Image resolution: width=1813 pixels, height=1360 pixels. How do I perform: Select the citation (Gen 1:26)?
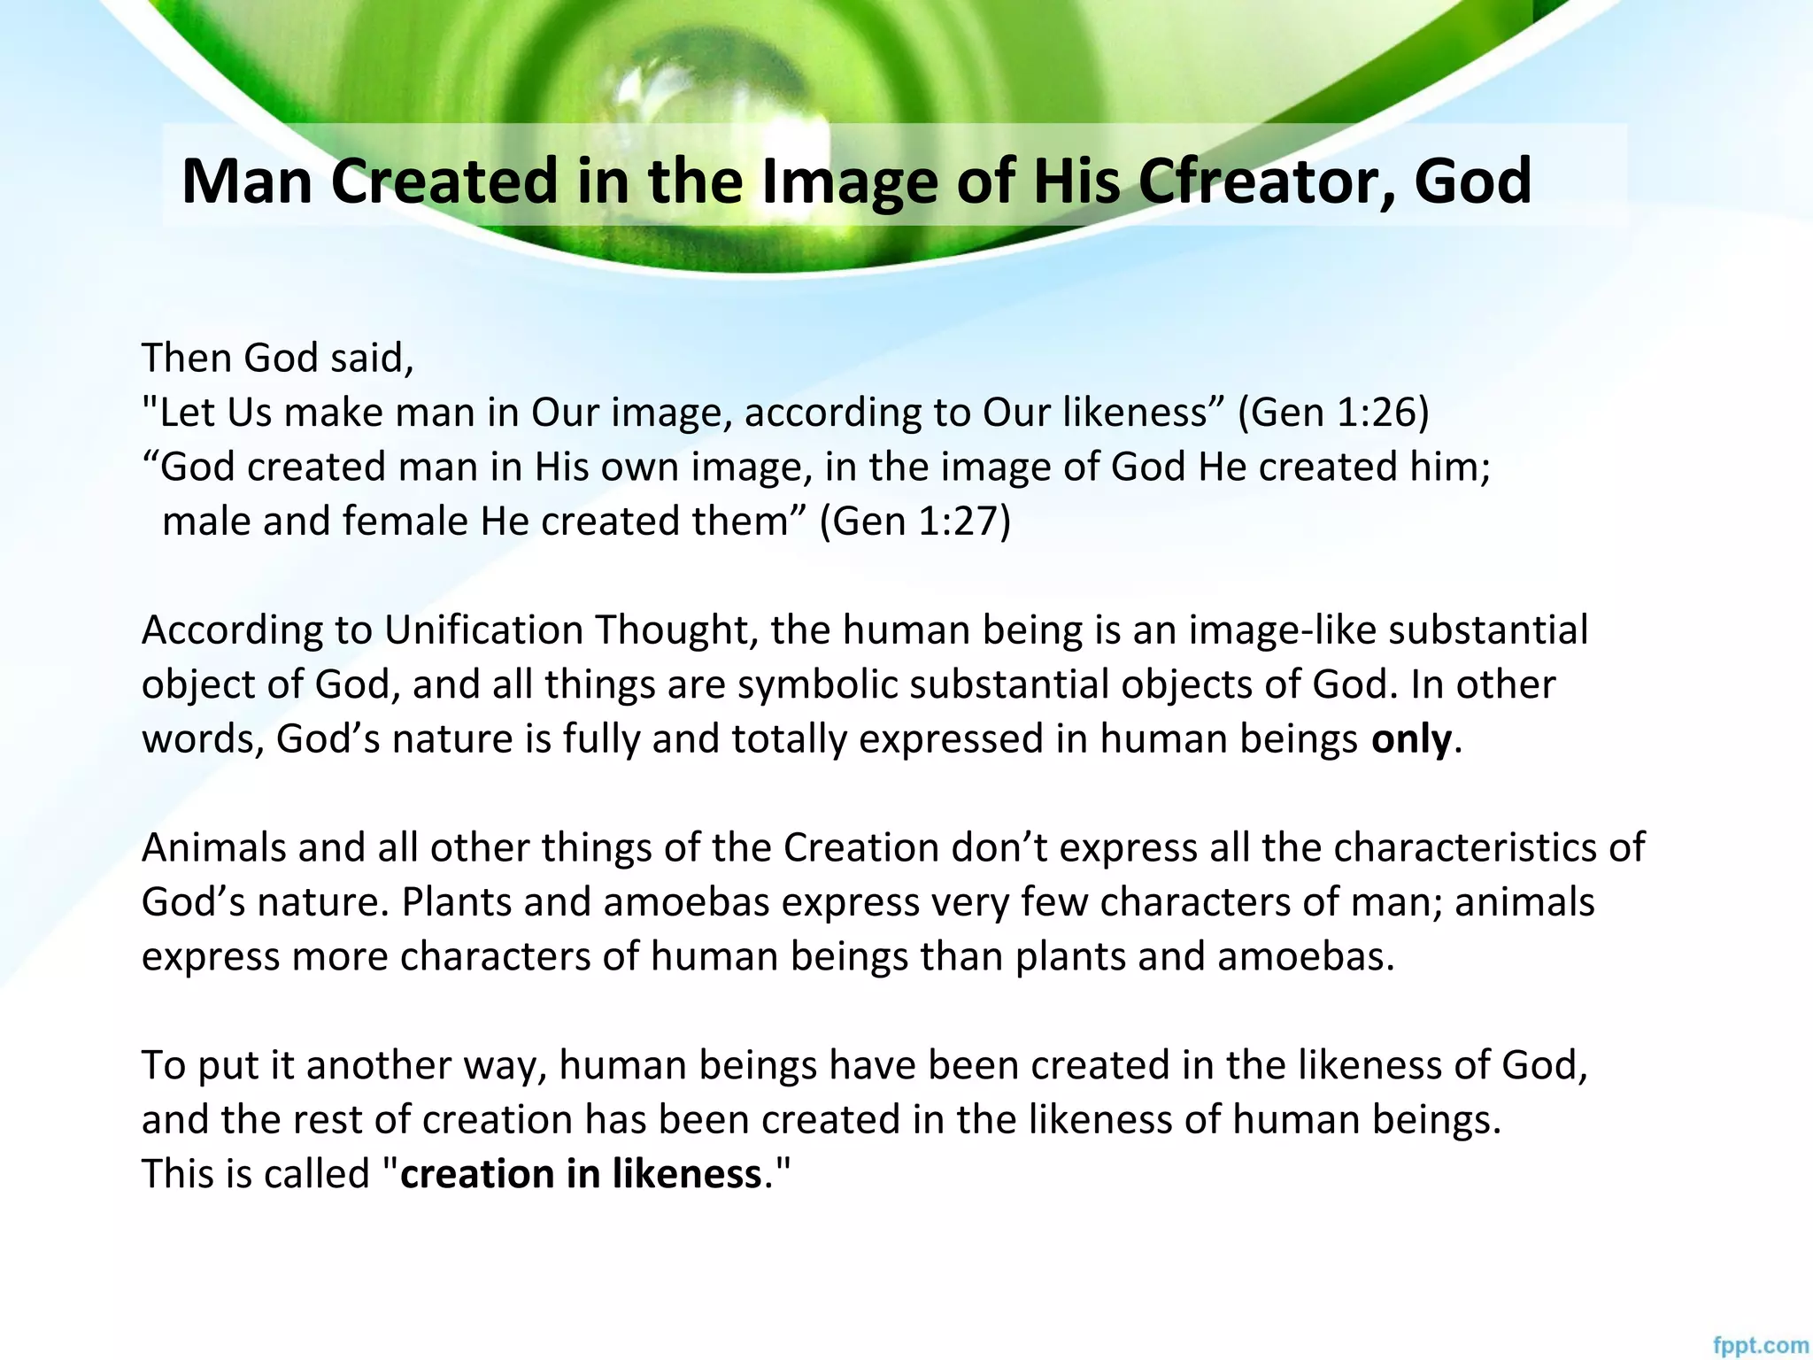(x=1333, y=413)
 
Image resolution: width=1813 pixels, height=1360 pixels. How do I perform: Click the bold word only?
(x=1411, y=739)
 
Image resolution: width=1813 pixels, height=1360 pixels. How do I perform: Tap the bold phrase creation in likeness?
(x=581, y=1174)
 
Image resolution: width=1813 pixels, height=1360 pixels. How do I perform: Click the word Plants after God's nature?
(x=455, y=902)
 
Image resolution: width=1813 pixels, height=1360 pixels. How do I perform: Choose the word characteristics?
(x=1473, y=848)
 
